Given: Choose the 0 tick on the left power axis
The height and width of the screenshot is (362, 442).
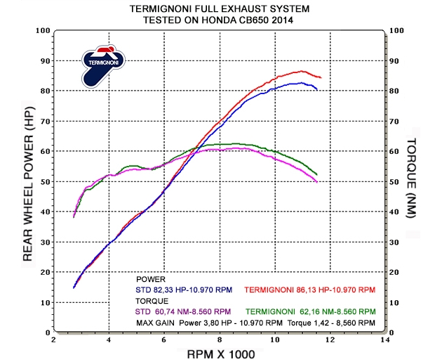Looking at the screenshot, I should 46,332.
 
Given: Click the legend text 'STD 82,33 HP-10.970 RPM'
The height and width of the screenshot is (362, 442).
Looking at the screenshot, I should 182,289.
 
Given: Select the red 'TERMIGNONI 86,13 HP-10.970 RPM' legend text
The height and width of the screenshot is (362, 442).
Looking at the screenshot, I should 309,289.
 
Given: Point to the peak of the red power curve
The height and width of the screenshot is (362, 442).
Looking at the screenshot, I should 302,71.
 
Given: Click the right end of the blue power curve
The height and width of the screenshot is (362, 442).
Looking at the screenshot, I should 317,89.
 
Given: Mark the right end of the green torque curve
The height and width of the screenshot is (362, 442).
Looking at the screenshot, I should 317,174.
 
